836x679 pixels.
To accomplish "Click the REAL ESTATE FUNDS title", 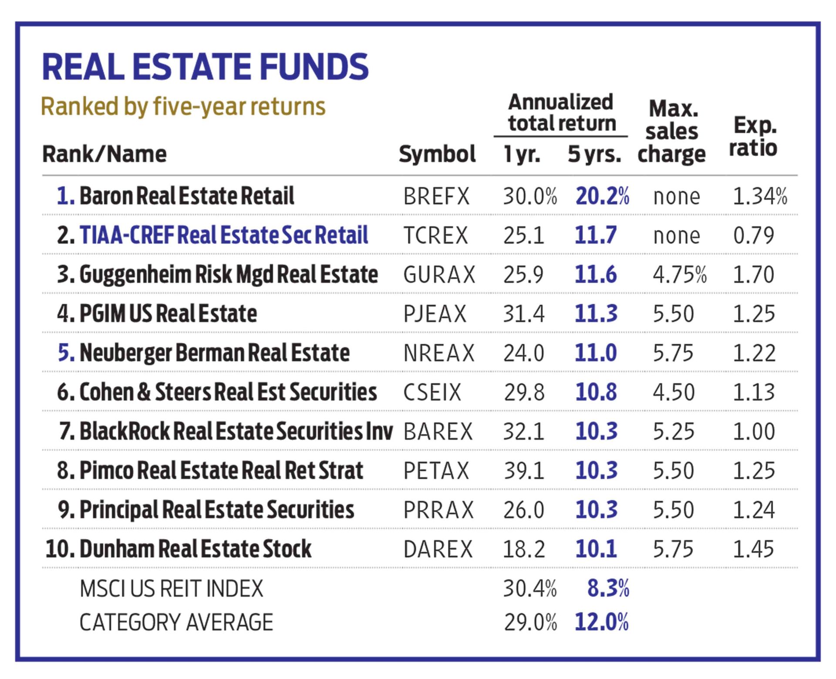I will tap(205, 67).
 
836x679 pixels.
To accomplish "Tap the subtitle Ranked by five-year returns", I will tap(183, 106).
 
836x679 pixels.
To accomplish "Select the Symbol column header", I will tap(437, 154).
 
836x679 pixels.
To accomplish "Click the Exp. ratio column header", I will tap(753, 137).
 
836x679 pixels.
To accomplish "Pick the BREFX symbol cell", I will tap(436, 196).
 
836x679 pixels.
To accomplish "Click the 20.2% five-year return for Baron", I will tap(602, 196).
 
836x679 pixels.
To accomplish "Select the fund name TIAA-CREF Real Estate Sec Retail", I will tap(223, 235).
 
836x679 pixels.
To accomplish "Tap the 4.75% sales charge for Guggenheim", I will tap(679, 275).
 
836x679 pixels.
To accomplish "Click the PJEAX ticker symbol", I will tap(435, 314).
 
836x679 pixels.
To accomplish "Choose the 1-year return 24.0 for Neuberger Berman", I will tap(524, 353).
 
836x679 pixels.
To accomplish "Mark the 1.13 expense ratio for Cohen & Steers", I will tap(754, 392).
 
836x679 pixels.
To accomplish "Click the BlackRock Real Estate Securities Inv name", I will tap(236, 431).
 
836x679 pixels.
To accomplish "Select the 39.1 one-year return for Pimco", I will tap(524, 471).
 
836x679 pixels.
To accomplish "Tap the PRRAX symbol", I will tap(438, 510).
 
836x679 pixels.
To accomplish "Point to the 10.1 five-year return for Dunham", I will tap(596, 549).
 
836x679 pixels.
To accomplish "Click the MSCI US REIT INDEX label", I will tap(172, 588).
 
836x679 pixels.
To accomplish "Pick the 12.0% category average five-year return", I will tap(602, 622).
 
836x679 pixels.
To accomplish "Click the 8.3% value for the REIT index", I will tap(608, 588).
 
